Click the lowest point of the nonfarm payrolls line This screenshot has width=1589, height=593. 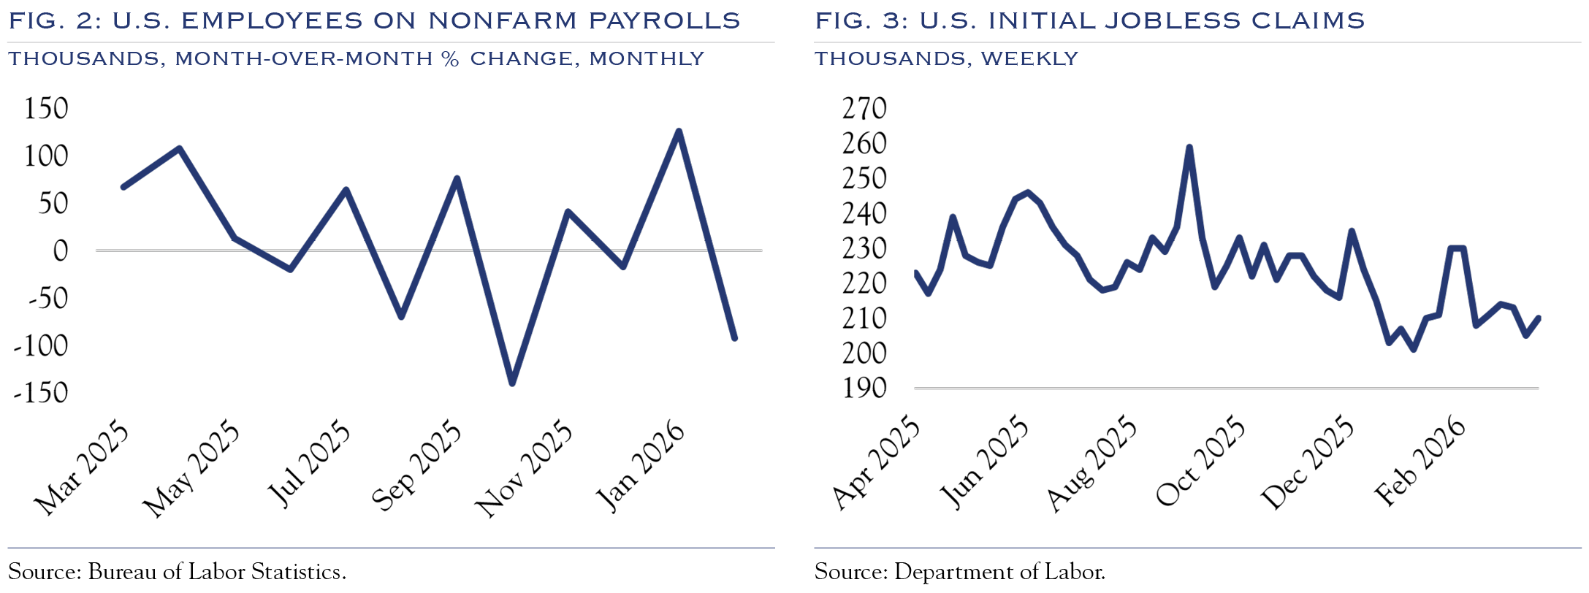(x=511, y=383)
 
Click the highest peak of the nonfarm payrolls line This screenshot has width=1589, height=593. (x=679, y=132)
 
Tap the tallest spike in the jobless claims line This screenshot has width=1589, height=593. (x=1189, y=148)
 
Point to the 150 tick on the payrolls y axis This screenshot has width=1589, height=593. (x=46, y=109)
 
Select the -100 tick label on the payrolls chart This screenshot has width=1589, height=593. (x=41, y=345)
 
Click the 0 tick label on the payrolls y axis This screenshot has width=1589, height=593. (x=60, y=251)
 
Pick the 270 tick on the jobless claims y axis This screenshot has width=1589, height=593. (x=864, y=109)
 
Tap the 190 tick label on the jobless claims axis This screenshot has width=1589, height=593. (x=864, y=389)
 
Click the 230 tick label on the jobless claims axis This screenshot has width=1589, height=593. (x=864, y=249)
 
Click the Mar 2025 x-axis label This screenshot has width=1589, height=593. (x=82, y=468)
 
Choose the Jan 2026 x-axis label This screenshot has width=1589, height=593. (x=641, y=467)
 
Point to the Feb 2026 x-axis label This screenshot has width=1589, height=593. (x=1420, y=462)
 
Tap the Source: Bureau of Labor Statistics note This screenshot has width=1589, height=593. (x=177, y=572)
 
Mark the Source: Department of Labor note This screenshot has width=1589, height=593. (x=959, y=572)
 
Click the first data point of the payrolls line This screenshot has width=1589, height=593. (x=123, y=187)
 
